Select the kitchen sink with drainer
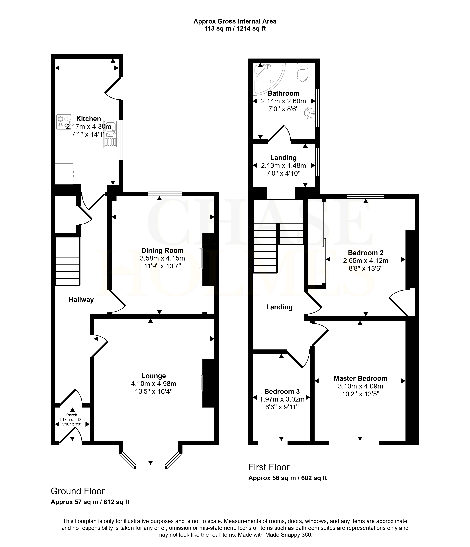[x=110, y=134]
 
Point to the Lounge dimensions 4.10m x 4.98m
[x=153, y=384]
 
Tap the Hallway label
[x=81, y=300]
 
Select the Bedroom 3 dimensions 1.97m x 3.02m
[x=282, y=399]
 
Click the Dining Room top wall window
[x=165, y=194]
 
